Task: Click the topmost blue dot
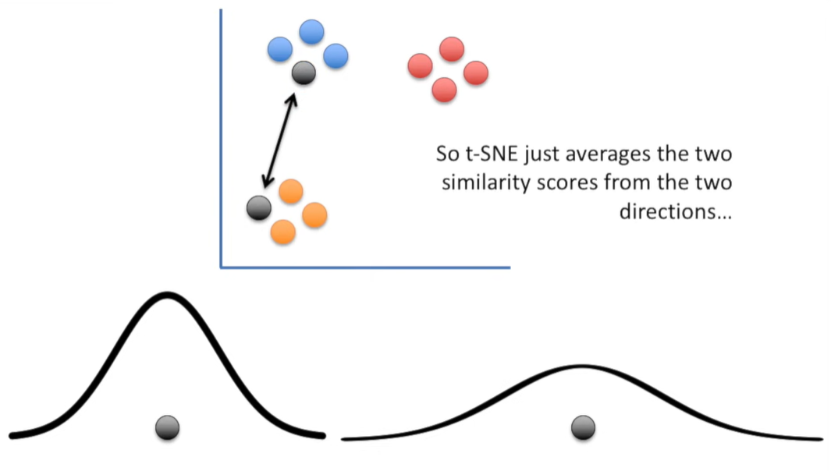(x=311, y=32)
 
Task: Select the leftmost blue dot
(x=279, y=50)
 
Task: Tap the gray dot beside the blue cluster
(x=304, y=73)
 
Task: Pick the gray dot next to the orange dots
(x=258, y=207)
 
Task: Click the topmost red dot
(x=452, y=49)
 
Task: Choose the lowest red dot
(x=444, y=90)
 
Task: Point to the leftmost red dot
(x=420, y=66)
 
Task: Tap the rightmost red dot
(x=475, y=73)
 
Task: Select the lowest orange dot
(x=282, y=231)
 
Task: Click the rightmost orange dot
(x=314, y=214)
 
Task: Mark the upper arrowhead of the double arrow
(x=293, y=97)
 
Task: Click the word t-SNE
(x=490, y=154)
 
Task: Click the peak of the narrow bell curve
(x=167, y=296)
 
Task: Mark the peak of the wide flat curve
(x=581, y=366)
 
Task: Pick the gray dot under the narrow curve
(x=167, y=427)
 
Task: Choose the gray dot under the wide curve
(x=583, y=427)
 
